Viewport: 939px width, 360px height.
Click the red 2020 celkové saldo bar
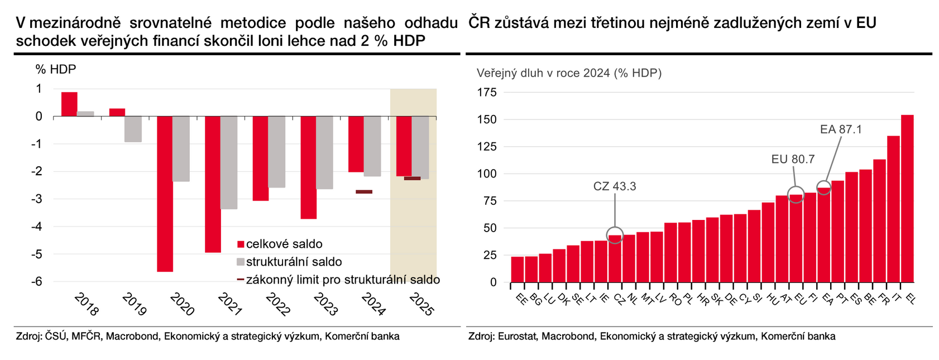(165, 194)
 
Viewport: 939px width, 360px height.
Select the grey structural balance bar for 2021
(229, 162)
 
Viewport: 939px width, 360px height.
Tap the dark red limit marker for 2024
(364, 191)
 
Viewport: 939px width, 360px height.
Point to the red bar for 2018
(69, 104)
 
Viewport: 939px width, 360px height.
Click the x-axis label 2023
(324, 305)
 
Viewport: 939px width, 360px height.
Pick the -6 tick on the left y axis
(39, 281)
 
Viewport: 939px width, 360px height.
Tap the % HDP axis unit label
(56, 69)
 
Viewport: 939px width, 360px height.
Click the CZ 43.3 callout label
(615, 186)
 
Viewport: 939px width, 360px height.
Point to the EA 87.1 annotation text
(841, 129)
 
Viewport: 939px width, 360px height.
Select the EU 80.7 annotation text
(793, 159)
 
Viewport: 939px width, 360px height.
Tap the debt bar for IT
(893, 209)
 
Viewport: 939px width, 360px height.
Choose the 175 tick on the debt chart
(486, 93)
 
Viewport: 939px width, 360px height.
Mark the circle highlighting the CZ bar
(615, 235)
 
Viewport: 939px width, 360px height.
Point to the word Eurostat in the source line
(517, 336)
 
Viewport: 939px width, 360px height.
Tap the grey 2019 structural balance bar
(133, 129)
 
